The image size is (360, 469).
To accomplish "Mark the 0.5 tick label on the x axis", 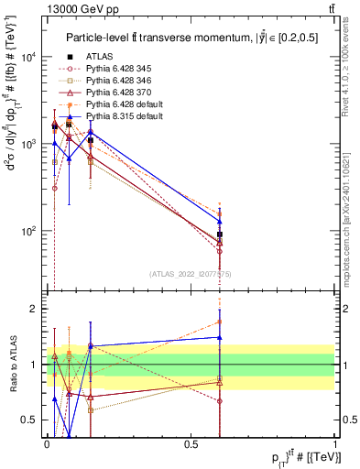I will (191, 444).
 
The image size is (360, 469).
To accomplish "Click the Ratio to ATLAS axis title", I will (11, 365).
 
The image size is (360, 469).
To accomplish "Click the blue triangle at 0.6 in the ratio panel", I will (220, 337).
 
